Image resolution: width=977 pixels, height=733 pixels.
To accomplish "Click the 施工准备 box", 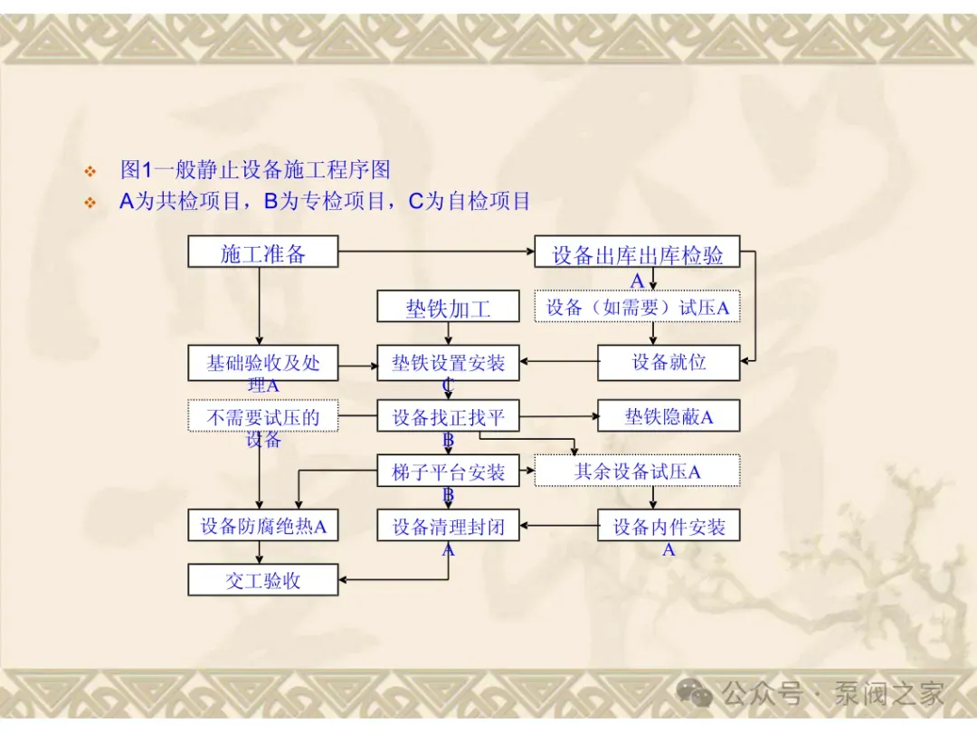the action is [x=262, y=252].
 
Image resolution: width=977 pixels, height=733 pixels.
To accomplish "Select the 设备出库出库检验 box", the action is [x=637, y=252].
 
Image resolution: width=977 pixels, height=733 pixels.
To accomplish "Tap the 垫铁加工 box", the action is [x=448, y=307].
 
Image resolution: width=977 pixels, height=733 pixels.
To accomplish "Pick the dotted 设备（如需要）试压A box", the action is [x=637, y=307].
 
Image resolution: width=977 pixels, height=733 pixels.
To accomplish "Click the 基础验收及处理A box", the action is [x=262, y=363].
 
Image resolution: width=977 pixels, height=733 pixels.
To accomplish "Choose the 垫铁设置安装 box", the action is [x=448, y=363].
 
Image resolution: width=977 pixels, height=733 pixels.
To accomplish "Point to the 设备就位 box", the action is [x=669, y=363].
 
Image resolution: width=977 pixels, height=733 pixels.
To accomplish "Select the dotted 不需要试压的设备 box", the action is [x=262, y=417].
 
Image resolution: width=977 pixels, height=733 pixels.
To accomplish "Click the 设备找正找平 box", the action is [x=448, y=417].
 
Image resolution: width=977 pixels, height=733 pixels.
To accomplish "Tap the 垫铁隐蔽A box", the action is [x=669, y=417].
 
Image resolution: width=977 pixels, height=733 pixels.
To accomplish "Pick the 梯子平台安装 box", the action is [x=448, y=471].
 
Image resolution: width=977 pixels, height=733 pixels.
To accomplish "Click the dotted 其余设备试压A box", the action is [x=637, y=471].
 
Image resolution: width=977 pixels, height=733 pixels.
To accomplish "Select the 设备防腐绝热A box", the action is [x=262, y=526].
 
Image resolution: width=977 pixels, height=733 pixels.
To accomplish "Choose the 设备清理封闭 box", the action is [x=448, y=526].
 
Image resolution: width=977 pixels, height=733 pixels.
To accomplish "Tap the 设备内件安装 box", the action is [x=669, y=526].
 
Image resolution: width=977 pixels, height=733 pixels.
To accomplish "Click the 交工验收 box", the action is [x=262, y=580].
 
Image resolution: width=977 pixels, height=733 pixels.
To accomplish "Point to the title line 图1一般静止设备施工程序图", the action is [x=255, y=169].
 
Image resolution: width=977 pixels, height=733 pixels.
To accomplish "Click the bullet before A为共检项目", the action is [x=90, y=203].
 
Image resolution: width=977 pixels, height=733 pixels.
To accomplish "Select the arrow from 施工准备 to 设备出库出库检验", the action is [x=434, y=251].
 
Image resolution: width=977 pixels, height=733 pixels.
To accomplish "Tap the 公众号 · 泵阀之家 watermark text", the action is [x=832, y=694].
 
